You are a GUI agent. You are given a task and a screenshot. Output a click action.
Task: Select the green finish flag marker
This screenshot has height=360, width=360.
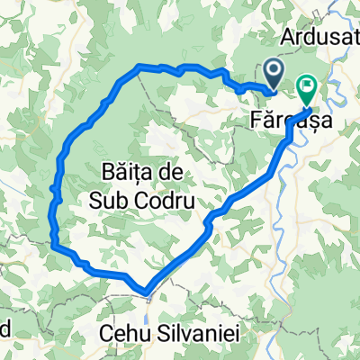pos(306,89)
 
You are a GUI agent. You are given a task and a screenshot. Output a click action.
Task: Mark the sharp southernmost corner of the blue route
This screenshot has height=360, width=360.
pos(144,290)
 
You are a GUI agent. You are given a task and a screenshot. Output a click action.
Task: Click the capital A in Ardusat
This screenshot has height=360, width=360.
pos(288,38)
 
